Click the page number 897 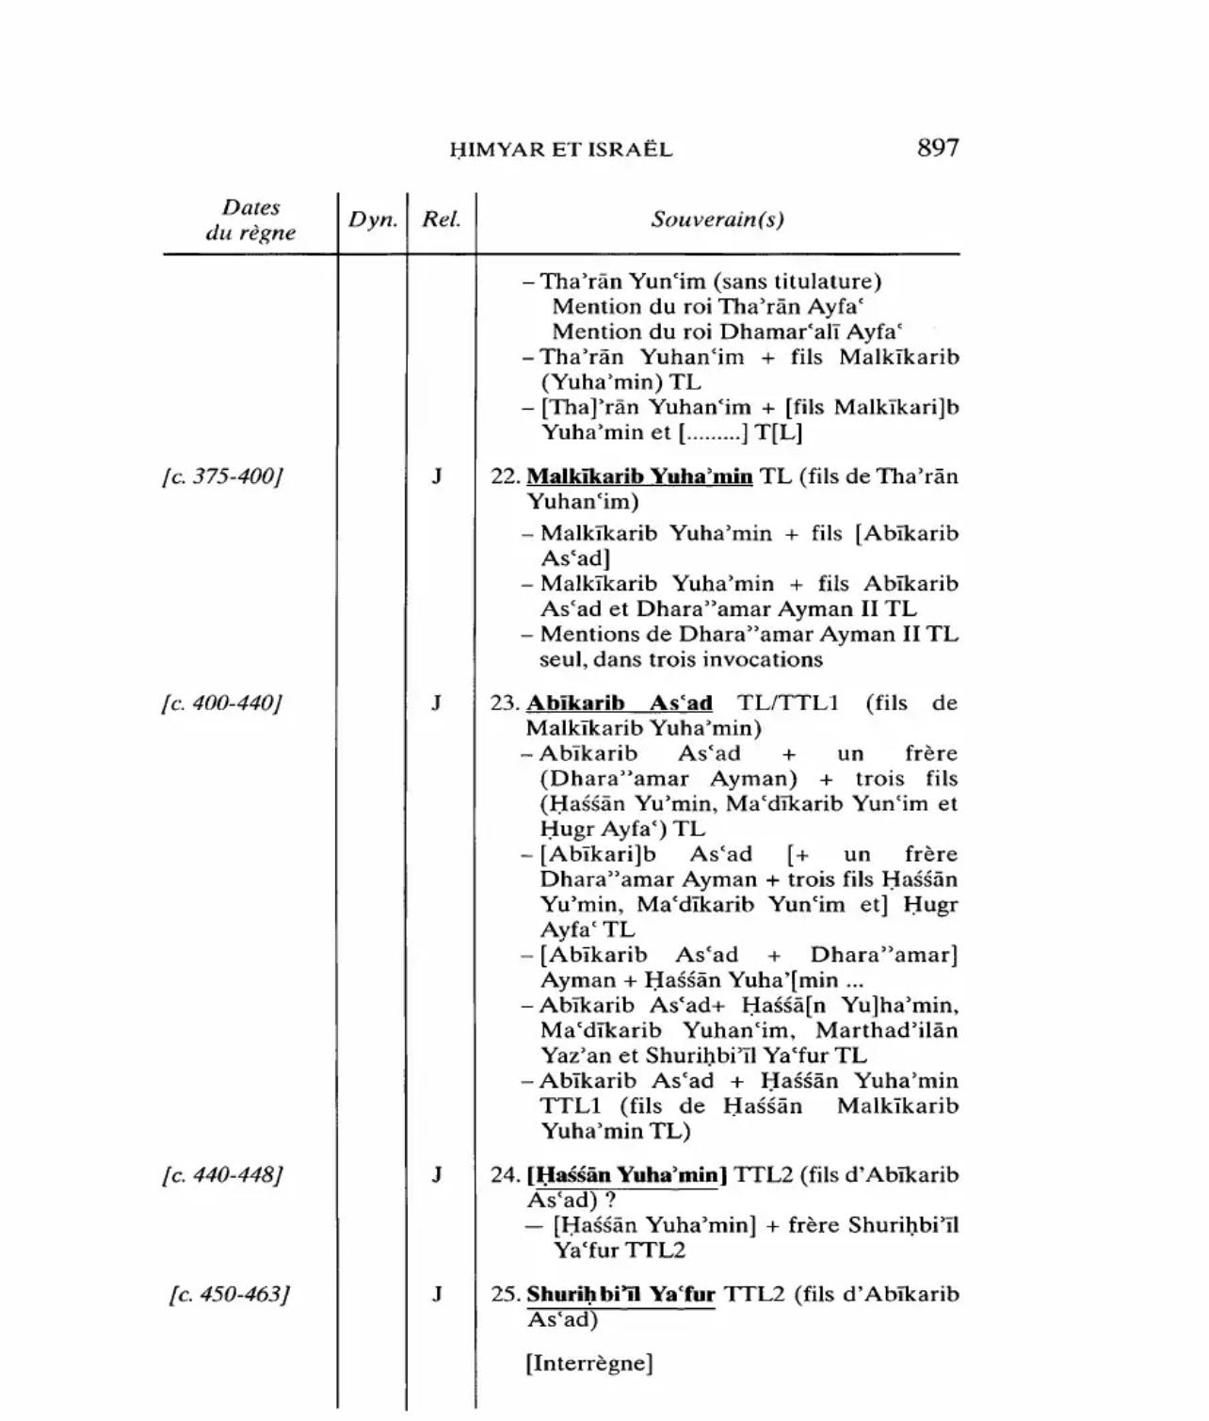pyautogui.click(x=937, y=148)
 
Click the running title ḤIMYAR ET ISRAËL pyautogui.click(x=561, y=150)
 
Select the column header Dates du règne pyautogui.click(x=250, y=220)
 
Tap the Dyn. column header pyautogui.click(x=373, y=219)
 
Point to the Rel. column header pyautogui.click(x=441, y=219)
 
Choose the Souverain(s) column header pyautogui.click(x=717, y=219)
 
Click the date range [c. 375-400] pyautogui.click(x=223, y=476)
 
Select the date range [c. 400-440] pyautogui.click(x=223, y=703)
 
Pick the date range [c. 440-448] pyautogui.click(x=223, y=1175)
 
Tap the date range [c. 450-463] pyautogui.click(x=230, y=1294)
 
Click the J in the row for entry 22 pyautogui.click(x=437, y=476)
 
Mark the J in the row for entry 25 pyautogui.click(x=437, y=1294)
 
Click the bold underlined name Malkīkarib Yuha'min pyautogui.click(x=639, y=476)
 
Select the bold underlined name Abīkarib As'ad pyautogui.click(x=619, y=703)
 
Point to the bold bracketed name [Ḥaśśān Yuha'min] pyautogui.click(x=626, y=1175)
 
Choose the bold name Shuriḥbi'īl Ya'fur pyautogui.click(x=621, y=1294)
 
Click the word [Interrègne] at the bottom pyautogui.click(x=589, y=1364)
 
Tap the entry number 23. pyautogui.click(x=504, y=703)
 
